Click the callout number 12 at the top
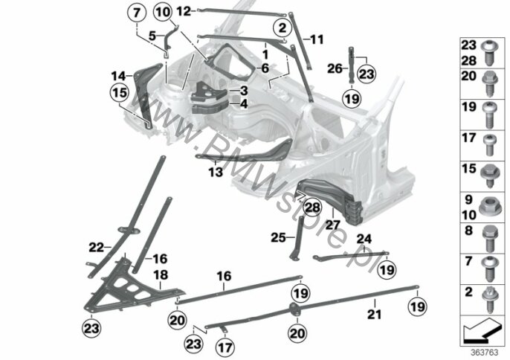[183, 11]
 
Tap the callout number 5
[152, 35]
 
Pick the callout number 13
[216, 170]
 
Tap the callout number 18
[157, 275]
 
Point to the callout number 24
[364, 239]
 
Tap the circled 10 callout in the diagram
[164, 12]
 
